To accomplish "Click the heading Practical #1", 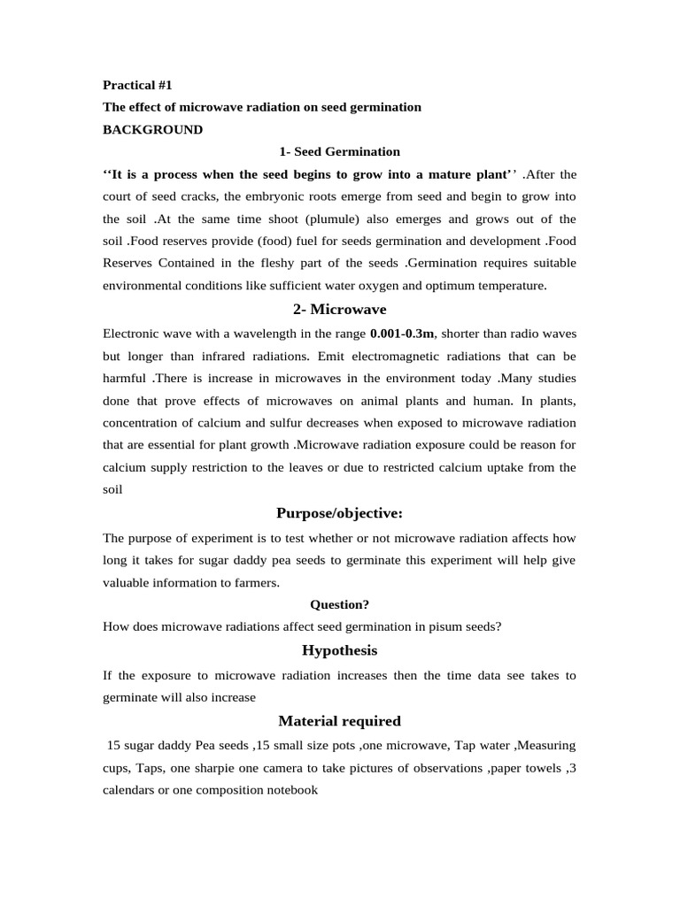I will (137, 85).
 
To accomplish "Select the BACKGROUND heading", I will (152, 129).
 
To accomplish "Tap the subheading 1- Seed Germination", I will (340, 151).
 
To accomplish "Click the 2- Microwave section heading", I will (340, 309).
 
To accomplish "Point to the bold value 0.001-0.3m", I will (403, 334).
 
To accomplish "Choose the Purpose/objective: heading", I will (340, 513).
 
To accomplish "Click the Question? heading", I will (340, 604).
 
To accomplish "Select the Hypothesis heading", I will (340, 650).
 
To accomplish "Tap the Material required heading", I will (340, 720).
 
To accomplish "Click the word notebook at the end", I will (287, 790).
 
